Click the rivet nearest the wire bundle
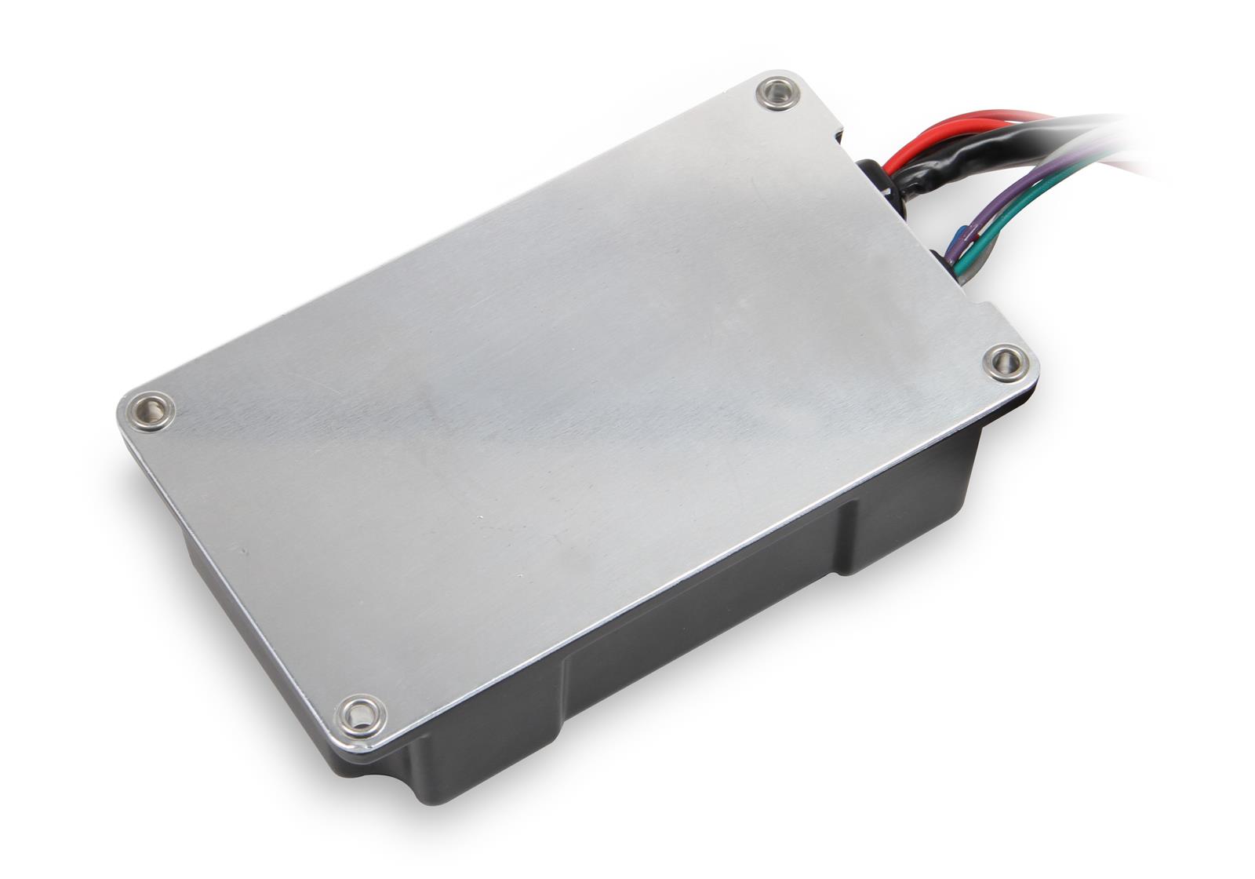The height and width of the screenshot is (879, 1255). pos(777,94)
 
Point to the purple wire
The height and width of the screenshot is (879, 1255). pos(1020,192)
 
